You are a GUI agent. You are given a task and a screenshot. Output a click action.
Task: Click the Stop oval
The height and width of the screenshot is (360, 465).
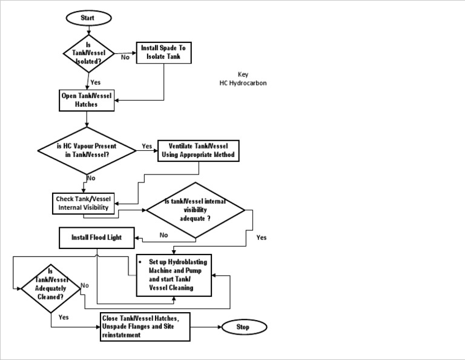(x=243, y=327)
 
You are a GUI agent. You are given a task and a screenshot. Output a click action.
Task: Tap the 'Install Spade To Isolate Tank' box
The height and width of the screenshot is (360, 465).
(x=164, y=53)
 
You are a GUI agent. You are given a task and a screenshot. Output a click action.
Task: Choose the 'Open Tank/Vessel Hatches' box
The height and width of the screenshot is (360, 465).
(x=87, y=100)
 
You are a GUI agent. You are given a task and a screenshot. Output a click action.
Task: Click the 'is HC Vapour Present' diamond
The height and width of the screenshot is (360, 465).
(x=87, y=150)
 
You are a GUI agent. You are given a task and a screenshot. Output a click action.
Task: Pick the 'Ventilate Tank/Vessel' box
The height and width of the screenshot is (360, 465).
(x=198, y=150)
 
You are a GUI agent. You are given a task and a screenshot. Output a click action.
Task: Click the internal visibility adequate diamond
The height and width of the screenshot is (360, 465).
(x=194, y=210)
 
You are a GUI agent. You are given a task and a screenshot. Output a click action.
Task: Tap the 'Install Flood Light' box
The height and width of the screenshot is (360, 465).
(x=96, y=238)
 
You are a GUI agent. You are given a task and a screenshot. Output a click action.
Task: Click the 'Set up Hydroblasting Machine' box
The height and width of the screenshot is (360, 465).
(x=174, y=275)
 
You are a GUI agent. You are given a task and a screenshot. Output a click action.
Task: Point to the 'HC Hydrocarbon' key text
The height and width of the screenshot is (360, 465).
(x=243, y=83)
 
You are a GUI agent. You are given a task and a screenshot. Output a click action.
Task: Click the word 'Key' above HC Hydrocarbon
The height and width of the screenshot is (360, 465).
(x=243, y=75)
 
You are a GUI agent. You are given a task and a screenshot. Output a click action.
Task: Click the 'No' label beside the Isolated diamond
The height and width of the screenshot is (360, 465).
(x=125, y=58)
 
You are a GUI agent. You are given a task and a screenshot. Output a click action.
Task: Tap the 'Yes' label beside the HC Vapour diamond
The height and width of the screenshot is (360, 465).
(x=147, y=146)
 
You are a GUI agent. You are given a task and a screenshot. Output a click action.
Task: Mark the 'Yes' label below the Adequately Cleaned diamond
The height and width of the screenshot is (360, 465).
(x=63, y=316)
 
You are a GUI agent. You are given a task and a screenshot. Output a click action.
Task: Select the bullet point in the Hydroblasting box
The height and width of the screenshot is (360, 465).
(x=140, y=262)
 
